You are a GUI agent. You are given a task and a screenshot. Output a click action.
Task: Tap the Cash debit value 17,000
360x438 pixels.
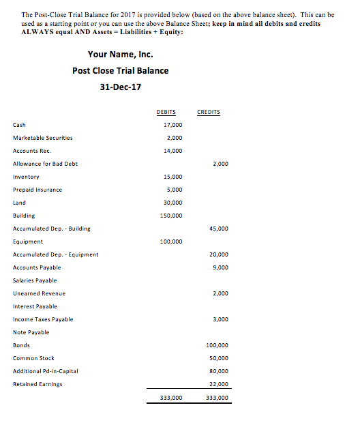173,125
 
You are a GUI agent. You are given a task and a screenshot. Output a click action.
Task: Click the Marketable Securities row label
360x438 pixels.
42,138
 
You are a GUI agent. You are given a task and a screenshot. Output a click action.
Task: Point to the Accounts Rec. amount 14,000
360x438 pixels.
173,151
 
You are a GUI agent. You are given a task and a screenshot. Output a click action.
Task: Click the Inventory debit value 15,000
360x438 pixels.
173,177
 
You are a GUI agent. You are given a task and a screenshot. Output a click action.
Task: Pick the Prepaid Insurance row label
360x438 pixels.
37,190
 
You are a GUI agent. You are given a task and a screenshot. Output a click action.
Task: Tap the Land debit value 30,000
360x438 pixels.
173,203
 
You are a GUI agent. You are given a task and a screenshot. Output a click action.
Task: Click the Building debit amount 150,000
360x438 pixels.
171,216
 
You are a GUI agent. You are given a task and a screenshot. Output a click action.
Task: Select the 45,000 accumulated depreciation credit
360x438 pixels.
219,229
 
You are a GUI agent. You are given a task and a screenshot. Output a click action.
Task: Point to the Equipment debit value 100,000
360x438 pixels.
171,242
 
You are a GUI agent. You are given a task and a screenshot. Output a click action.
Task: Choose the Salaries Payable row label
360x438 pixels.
35,280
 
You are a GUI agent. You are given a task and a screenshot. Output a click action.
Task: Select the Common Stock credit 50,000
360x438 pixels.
219,358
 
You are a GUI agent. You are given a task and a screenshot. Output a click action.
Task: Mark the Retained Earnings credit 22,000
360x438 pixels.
219,384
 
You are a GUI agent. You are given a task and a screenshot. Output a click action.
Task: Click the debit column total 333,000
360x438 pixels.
170,397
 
